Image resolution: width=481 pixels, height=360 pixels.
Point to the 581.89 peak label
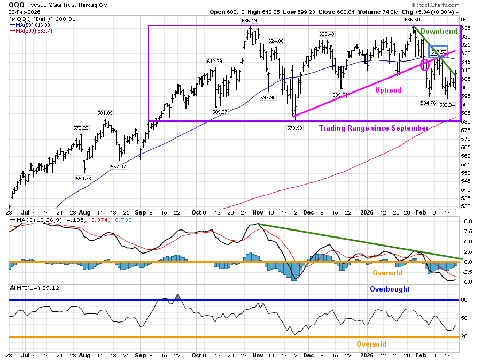105,113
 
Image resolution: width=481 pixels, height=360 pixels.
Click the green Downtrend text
439,32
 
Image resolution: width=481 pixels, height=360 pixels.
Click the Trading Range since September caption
374,128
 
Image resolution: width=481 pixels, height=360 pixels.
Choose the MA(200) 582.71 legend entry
33,31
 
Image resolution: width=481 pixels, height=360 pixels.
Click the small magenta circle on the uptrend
425,65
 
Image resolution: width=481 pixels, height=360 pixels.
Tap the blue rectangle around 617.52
439,52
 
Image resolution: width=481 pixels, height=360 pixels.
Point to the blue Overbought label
390,289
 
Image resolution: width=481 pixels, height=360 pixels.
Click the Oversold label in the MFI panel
371,344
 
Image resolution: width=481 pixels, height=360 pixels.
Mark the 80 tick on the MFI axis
464,300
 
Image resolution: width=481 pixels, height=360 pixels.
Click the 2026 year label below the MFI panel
368,355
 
